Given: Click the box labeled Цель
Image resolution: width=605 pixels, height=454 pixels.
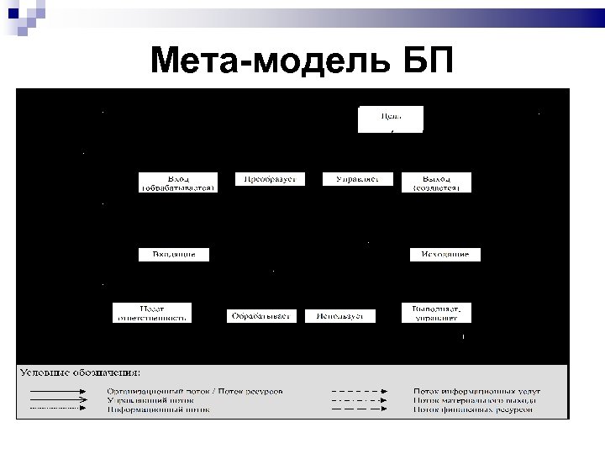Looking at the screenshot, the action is point(391,119).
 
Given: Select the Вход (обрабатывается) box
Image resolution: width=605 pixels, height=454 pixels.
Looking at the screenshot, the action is point(178,183).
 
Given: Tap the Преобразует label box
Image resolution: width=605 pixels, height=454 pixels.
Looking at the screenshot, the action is point(270,179).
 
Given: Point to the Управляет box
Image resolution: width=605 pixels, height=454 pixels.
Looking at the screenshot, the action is point(358,179).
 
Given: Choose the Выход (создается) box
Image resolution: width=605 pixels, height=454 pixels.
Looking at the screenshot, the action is point(436,183).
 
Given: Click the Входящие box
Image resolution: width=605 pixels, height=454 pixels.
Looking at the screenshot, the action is point(174,254).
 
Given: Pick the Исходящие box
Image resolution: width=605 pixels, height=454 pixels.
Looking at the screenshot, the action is point(445,254).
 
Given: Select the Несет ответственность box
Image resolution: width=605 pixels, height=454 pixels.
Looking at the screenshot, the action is point(151,312).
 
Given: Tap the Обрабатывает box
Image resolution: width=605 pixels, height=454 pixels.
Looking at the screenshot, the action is point(260,316).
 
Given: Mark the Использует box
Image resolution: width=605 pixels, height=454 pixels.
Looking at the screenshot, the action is point(340,316).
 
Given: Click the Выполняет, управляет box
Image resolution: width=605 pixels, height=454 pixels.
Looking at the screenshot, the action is point(436,312).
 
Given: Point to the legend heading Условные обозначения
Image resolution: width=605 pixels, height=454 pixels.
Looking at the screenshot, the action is point(81,372).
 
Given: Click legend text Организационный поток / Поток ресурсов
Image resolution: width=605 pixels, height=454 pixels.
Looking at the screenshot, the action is point(194,391).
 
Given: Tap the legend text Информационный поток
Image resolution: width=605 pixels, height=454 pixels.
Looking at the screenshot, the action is point(157,411).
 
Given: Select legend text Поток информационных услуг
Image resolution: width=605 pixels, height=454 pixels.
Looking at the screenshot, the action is point(476,391).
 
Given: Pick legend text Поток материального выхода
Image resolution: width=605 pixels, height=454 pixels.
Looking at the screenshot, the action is point(475,401).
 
